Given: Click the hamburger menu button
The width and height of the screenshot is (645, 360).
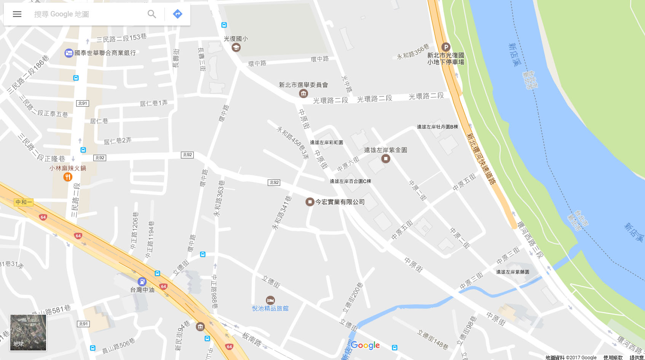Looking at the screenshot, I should [17, 14].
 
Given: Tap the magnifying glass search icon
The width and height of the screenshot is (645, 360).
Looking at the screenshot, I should [152, 14].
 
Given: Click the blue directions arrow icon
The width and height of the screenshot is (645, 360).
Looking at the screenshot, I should [177, 14].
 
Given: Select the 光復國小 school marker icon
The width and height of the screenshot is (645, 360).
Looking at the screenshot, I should [236, 47].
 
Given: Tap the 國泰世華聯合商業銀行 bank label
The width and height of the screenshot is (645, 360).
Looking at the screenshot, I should [105, 53].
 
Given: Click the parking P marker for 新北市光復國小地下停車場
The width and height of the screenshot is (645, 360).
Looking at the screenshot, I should [445, 47].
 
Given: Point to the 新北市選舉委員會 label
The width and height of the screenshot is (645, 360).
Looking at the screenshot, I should [303, 85].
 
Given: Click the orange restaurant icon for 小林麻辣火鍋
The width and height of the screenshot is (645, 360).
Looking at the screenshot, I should [68, 177].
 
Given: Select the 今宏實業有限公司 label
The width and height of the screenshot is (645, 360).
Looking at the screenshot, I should [340, 202].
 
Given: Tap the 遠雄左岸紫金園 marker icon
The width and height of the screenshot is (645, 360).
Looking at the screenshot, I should [386, 158].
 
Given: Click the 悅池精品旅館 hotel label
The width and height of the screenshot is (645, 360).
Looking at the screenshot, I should [270, 309].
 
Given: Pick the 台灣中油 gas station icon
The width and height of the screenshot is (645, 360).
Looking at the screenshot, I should [142, 282].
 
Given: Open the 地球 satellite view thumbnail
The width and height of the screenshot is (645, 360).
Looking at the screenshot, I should [28, 332].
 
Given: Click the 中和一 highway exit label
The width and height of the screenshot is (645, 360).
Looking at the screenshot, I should [24, 202].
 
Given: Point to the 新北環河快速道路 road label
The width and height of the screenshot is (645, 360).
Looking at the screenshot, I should [481, 159].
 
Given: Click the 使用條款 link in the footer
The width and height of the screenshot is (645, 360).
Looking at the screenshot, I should [613, 357].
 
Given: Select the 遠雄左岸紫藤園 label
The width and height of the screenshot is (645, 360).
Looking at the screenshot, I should [512, 272].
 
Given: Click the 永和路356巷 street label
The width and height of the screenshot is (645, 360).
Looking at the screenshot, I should [413, 52].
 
